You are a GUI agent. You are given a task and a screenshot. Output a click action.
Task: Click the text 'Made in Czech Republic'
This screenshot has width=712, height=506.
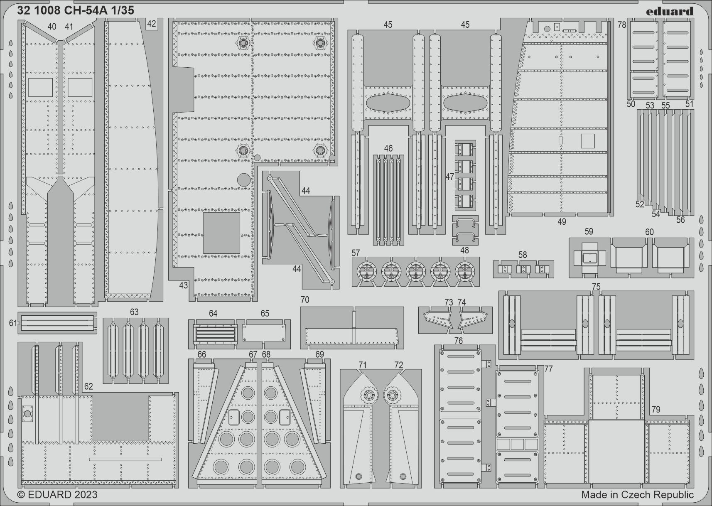(637, 495)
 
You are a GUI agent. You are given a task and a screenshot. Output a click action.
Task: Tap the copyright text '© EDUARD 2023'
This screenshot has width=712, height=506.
(57, 495)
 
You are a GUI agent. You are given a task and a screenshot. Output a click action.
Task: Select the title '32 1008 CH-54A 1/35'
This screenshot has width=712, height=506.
(76, 11)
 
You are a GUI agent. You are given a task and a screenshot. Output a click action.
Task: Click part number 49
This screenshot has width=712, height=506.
(562, 222)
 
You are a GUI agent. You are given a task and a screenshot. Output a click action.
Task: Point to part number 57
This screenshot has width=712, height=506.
(356, 253)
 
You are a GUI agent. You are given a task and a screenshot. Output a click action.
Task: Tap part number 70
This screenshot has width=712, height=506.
(305, 300)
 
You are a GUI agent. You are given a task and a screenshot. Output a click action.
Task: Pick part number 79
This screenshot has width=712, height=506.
(656, 409)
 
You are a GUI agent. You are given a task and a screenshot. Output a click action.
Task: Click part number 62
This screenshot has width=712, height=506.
(88, 386)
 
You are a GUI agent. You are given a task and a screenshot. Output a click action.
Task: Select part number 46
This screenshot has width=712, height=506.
(388, 148)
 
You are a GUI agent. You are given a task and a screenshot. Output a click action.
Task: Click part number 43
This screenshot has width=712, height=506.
(184, 285)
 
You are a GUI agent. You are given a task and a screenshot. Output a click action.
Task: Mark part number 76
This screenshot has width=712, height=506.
(458, 341)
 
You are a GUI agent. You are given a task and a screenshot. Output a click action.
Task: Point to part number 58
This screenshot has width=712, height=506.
(523, 255)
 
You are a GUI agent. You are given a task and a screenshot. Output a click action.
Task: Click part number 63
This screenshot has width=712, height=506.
(134, 312)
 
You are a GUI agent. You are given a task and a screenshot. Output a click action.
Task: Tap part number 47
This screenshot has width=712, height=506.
(449, 177)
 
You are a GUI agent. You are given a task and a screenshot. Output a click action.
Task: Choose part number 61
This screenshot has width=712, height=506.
(13, 323)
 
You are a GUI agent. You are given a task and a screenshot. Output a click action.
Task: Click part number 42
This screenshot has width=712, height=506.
(152, 24)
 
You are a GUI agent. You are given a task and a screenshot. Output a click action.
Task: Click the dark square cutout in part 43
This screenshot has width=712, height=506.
(221, 233)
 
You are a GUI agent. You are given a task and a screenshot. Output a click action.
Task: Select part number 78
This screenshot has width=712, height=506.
(622, 25)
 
